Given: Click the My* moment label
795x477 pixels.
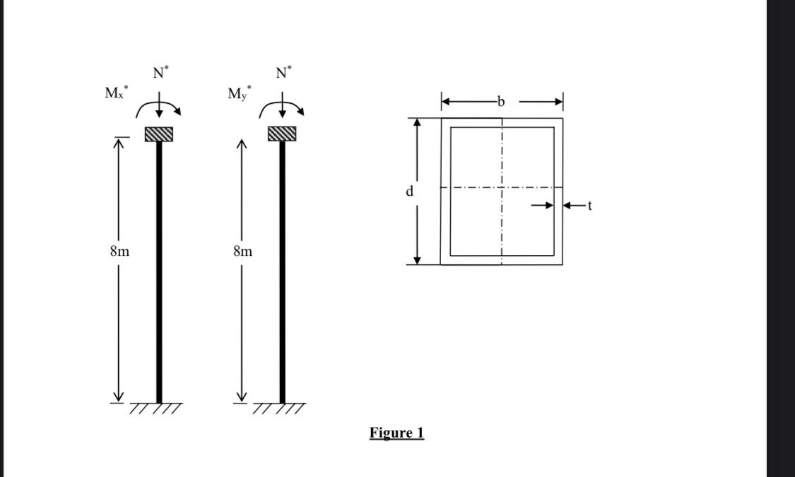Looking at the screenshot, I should point(239,93).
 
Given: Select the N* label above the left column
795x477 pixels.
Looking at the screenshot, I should point(160,72).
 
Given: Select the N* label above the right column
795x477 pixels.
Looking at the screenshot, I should point(283,72).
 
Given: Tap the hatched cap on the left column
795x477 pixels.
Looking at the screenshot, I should point(159,134).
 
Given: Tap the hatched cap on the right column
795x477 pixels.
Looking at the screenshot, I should point(282,134).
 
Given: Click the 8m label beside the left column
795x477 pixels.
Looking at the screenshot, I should point(119,251).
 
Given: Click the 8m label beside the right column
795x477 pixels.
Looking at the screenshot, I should point(242,251).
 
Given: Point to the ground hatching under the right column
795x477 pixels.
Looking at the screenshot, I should point(280,408).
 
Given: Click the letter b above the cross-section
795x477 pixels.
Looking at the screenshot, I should point(501,102).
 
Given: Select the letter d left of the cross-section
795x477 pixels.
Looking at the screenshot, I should point(409,191).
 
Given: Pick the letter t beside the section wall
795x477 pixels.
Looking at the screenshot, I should point(589,206).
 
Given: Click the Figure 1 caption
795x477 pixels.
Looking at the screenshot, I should point(396,432).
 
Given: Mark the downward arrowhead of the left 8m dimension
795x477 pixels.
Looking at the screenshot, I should point(119,397).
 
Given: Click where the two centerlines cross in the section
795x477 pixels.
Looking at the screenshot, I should point(502,188).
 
